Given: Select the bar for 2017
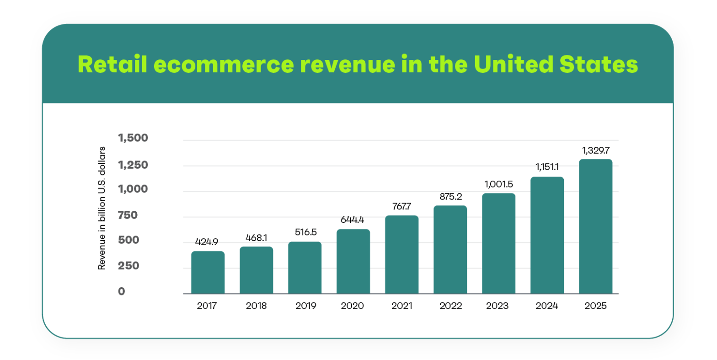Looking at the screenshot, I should [x=208, y=272].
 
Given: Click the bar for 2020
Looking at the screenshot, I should [x=353, y=261].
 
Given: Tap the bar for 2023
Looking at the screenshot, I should [x=498, y=243].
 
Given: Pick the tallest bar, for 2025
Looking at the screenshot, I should [x=595, y=226].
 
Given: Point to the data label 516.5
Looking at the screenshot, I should [x=305, y=232].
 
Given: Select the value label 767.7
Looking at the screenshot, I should [x=401, y=206].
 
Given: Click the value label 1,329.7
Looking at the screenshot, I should [x=595, y=150].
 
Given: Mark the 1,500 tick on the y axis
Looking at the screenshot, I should [x=133, y=138].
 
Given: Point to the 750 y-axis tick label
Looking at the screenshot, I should [x=128, y=215].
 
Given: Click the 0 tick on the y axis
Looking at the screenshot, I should [x=121, y=291].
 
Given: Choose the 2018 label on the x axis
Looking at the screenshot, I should [x=256, y=306].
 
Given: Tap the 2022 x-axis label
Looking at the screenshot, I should [x=450, y=306].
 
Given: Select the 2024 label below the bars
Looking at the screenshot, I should [x=547, y=306].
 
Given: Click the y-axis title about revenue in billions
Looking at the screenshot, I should [x=102, y=208].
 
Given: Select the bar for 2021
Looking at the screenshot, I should [x=401, y=254].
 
